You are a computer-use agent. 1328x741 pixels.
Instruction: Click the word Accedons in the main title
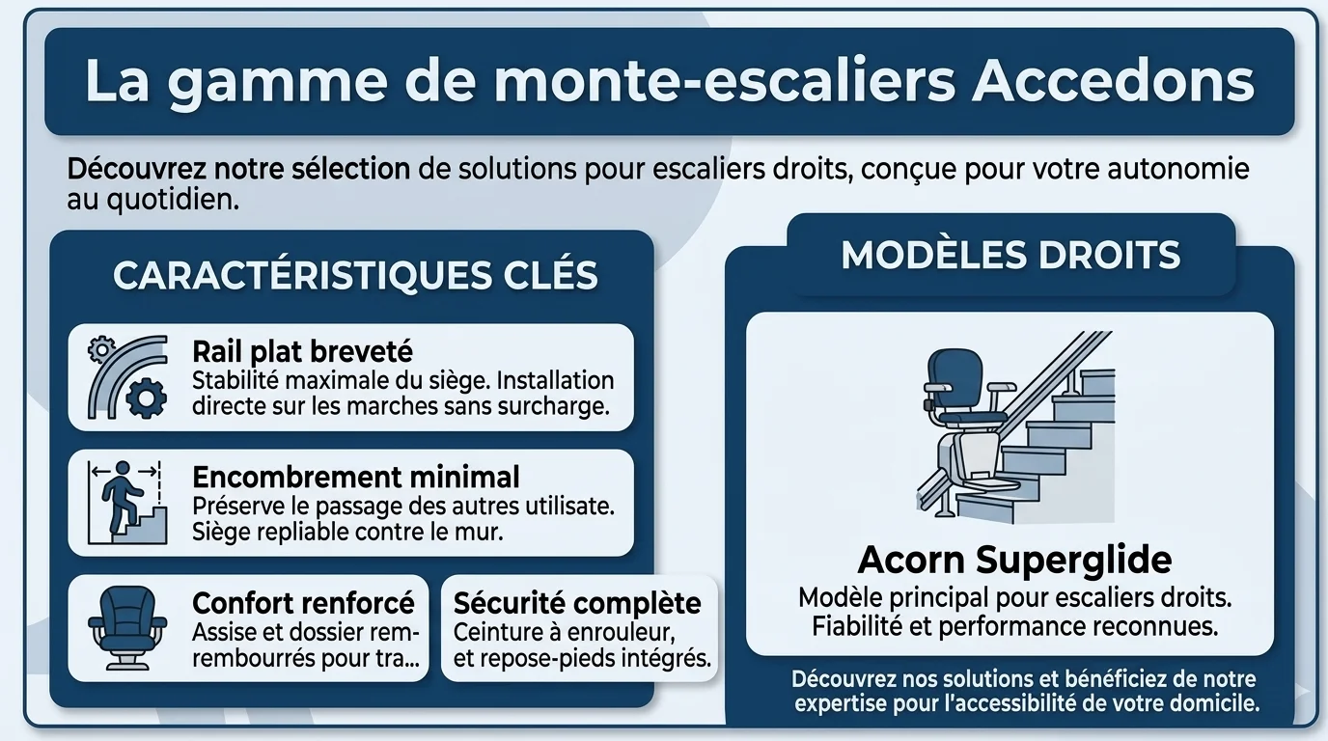coord(1113,81)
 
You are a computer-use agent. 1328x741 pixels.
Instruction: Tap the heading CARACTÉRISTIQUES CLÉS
coord(355,275)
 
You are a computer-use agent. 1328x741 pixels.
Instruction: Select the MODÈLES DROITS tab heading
coord(1010,255)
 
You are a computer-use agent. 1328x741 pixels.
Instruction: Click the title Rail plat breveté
coord(303,351)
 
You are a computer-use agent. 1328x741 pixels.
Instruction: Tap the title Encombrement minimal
coord(356,477)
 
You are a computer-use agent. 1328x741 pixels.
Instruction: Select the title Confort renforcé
coord(303,603)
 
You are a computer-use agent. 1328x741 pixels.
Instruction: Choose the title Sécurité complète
coord(577,603)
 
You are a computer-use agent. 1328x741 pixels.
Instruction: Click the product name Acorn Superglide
coord(1014,559)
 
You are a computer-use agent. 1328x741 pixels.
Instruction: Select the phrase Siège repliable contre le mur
coord(347,531)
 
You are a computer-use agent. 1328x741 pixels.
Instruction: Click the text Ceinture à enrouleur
coord(564,633)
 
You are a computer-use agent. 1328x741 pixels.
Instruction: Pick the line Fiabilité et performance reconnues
coord(1014,626)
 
